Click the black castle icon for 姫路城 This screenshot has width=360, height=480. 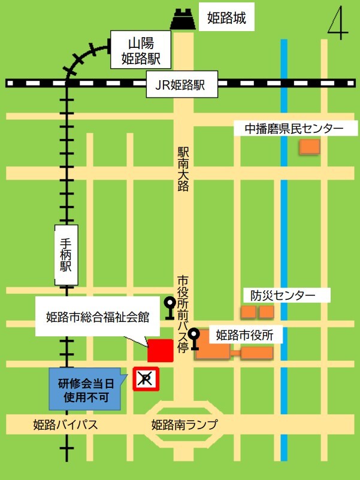pyautogui.click(x=183, y=20)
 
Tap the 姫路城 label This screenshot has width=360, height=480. pyautogui.click(x=226, y=19)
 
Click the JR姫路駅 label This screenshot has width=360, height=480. pyautogui.click(x=180, y=85)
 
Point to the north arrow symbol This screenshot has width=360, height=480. pyautogui.click(x=338, y=24)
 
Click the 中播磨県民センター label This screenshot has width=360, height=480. pyautogui.click(x=294, y=128)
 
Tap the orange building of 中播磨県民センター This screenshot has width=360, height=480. pyautogui.click(x=310, y=146)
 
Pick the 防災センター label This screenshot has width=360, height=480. pyautogui.click(x=282, y=295)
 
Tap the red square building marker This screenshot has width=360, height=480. pyautogui.click(x=161, y=350)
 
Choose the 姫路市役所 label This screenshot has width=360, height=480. pyautogui.click(x=244, y=335)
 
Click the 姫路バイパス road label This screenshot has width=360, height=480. pyautogui.click(x=65, y=425)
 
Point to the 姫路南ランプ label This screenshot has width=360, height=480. pyautogui.click(x=184, y=425)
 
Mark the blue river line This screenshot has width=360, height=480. pyautogui.click(x=284, y=239)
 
